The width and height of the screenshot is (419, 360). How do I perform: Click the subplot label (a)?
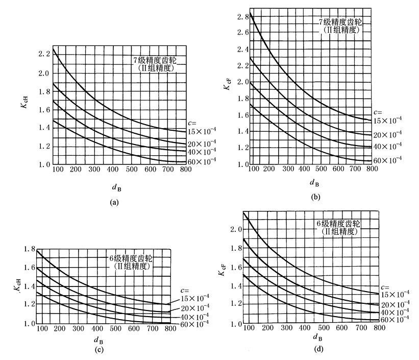pos(114,202)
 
